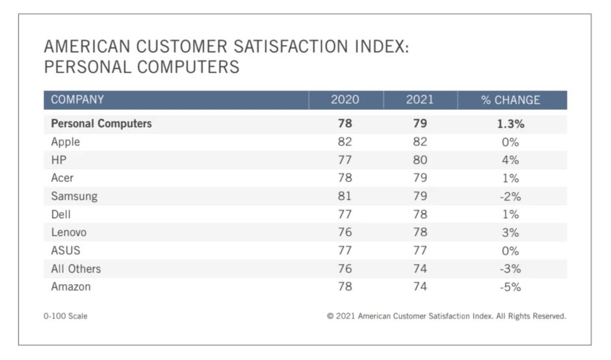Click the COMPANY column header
click(x=77, y=100)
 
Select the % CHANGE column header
click(x=510, y=100)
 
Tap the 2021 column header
click(x=420, y=100)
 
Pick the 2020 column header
click(x=344, y=100)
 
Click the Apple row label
click(x=65, y=142)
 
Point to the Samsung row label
click(x=74, y=196)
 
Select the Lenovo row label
click(x=69, y=232)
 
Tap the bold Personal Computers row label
click(x=101, y=123)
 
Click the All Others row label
click(x=76, y=268)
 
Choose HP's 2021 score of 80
click(x=420, y=160)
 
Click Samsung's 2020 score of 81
click(x=344, y=196)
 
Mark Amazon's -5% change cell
click(x=510, y=287)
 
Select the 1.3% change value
click(x=510, y=124)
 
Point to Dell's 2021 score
click(x=420, y=214)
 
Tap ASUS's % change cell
click(x=510, y=250)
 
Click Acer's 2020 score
click(x=344, y=178)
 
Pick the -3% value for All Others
click(x=510, y=268)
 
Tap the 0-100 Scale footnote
click(x=66, y=316)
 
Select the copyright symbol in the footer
click(x=330, y=316)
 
